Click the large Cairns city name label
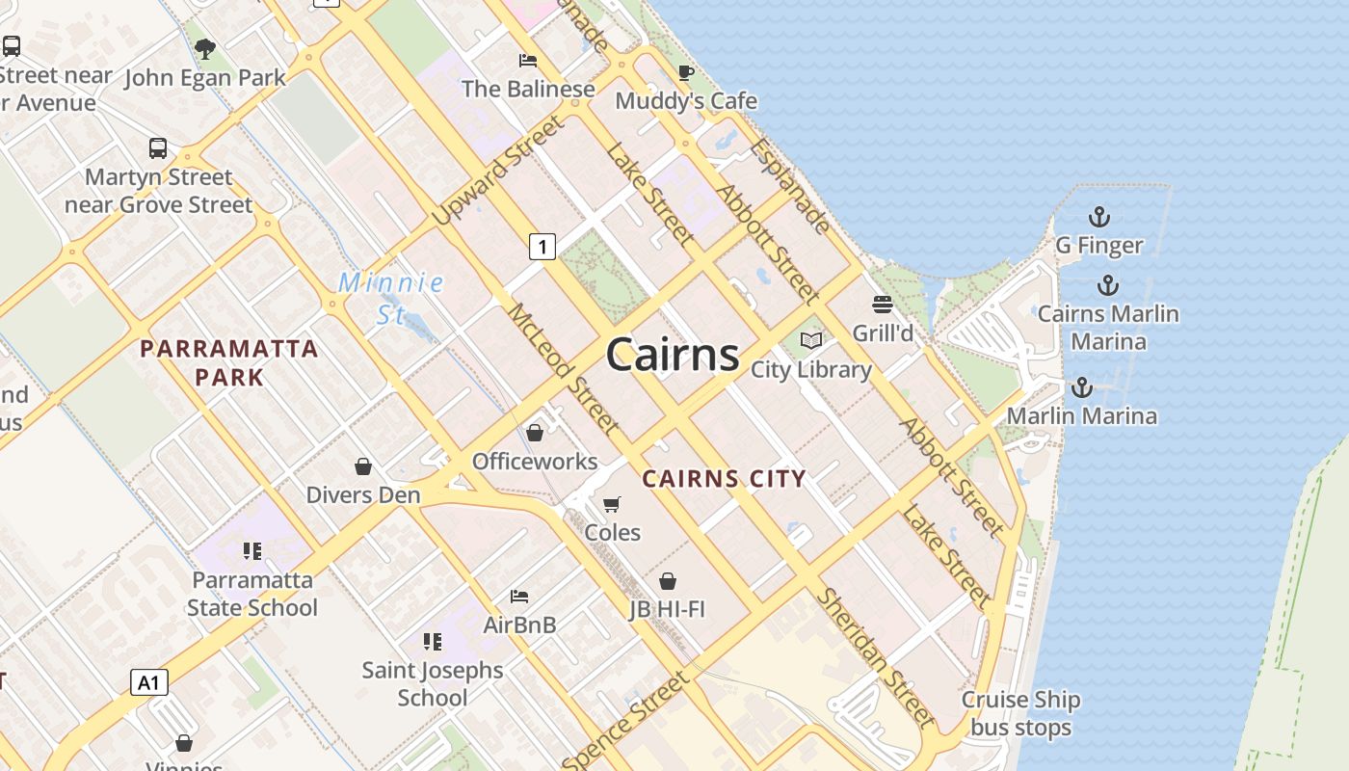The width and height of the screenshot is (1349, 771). [x=673, y=355]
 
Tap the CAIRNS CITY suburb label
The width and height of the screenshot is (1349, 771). [x=724, y=478]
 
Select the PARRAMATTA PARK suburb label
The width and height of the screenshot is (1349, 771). [x=229, y=362]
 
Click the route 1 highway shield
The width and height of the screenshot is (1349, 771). [x=542, y=247]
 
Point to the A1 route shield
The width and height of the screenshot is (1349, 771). [x=148, y=682]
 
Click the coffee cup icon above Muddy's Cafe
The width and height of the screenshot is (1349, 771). [x=686, y=72]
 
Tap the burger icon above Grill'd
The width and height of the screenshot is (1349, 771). [x=883, y=305]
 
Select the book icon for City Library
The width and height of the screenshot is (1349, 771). [x=811, y=340]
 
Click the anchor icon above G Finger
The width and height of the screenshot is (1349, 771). [x=1098, y=217]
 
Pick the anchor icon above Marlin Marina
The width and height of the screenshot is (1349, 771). [x=1082, y=387]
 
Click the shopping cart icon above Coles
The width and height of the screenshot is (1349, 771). [x=612, y=504]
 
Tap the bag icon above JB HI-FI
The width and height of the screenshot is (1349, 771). [x=668, y=581]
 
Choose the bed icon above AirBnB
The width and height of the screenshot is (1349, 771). [x=519, y=597]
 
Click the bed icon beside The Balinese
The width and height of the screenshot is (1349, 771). [x=528, y=61]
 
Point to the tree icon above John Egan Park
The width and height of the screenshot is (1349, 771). [x=204, y=49]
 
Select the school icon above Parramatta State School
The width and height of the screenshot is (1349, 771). [x=251, y=551]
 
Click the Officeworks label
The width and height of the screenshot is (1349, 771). [x=535, y=461]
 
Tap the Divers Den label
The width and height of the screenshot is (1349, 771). [x=363, y=494]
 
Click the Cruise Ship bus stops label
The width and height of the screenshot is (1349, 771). [x=1020, y=713]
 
